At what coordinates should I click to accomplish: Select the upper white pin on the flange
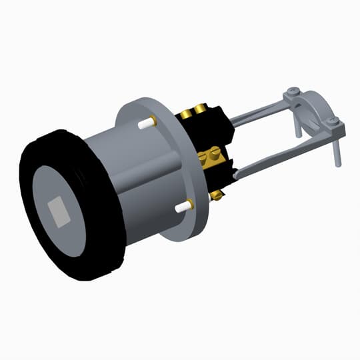pyautogui.click(x=143, y=123)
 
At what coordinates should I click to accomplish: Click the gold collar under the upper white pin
pyautogui.click(x=153, y=121)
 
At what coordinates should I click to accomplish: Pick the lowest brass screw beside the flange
pyautogui.click(x=217, y=195)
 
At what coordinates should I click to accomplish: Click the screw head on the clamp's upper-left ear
pyautogui.click(x=291, y=91)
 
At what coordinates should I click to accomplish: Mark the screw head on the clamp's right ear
pyautogui.click(x=334, y=121)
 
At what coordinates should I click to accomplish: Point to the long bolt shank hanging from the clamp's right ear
pyautogui.click(x=338, y=150)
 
